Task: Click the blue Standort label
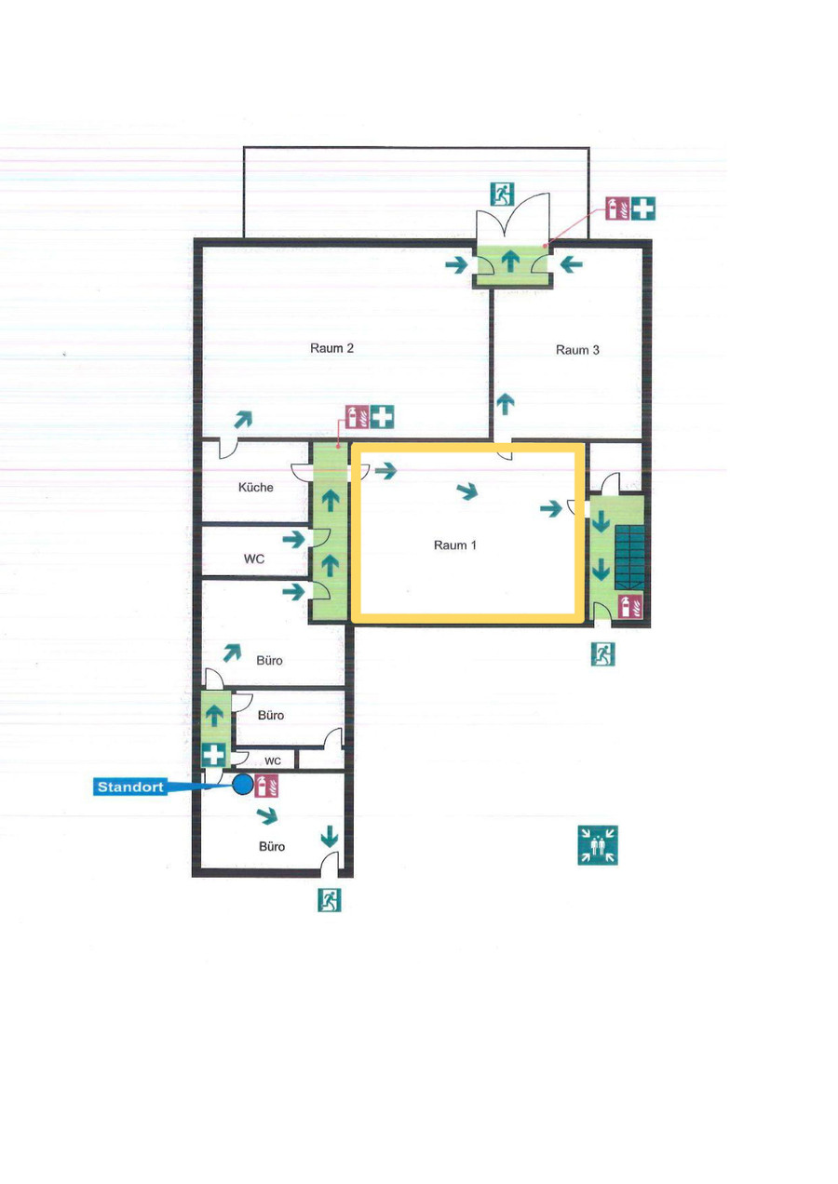[130, 787]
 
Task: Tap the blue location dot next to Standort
[243, 784]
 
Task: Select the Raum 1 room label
[455, 545]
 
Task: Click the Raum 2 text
[331, 348]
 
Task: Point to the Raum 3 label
[577, 350]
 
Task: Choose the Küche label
[256, 487]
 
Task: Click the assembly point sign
[598, 844]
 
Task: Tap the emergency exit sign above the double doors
[502, 194]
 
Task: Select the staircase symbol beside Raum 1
[629, 558]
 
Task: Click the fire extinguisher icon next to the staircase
[630, 606]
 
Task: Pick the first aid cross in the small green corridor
[214, 754]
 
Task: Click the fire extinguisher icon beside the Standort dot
[267, 786]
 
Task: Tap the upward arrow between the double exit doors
[510, 262]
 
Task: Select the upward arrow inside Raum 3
[506, 404]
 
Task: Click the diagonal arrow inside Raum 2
[243, 419]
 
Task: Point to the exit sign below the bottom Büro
[330, 899]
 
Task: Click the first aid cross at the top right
[643, 209]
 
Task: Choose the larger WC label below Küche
[254, 558]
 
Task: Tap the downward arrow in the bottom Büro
[330, 836]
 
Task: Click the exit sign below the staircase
[602, 653]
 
